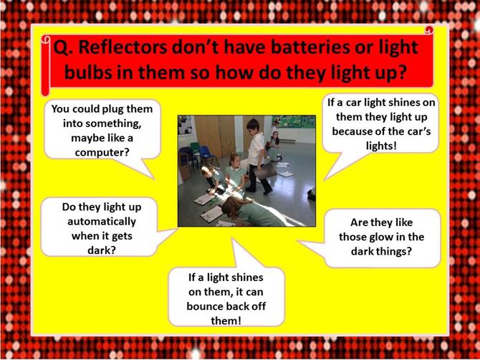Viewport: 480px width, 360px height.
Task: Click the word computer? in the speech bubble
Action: pyautogui.click(x=102, y=152)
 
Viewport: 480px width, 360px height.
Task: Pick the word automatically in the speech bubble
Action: pyautogui.click(x=102, y=222)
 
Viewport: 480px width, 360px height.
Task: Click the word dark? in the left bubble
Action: pyautogui.click(x=102, y=250)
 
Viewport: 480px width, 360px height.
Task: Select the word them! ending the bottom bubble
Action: pyautogui.click(x=226, y=321)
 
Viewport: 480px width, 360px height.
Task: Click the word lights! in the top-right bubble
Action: pyautogui.click(x=381, y=146)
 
